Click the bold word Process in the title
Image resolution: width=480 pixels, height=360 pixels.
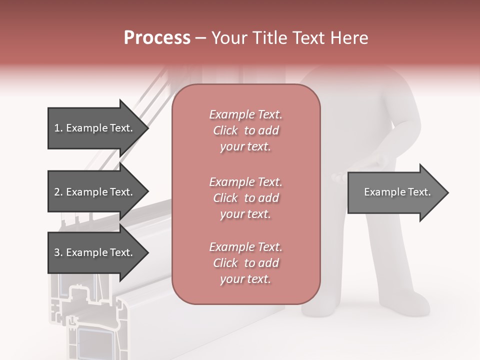click(157, 37)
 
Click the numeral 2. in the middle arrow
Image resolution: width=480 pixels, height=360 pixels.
click(58, 192)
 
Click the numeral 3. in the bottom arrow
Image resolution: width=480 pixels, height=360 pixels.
click(58, 252)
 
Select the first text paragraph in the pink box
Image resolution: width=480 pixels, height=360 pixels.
click(245, 130)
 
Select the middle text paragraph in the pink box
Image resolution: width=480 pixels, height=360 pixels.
click(245, 198)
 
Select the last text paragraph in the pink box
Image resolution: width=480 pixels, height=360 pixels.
click(245, 263)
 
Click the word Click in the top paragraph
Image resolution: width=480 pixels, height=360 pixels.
click(225, 131)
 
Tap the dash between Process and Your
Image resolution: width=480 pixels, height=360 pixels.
click(200, 38)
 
